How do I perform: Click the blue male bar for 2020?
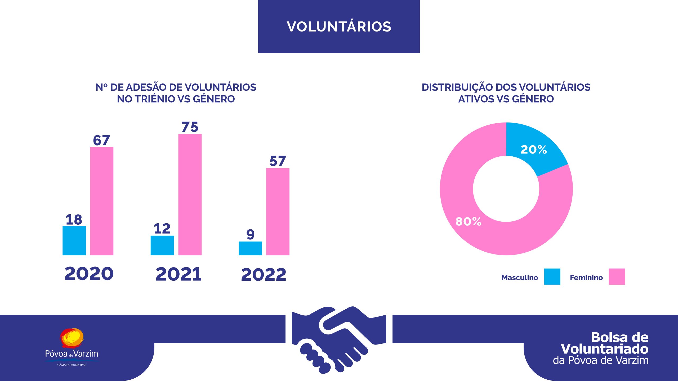(x=74, y=241)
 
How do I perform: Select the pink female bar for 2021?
(x=190, y=194)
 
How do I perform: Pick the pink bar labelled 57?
(x=278, y=212)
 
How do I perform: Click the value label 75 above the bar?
(x=190, y=127)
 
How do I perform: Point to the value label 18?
(x=74, y=220)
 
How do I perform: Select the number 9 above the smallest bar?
(x=250, y=234)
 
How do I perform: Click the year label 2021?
(x=179, y=274)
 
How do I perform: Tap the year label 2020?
(x=89, y=274)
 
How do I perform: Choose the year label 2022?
(x=264, y=275)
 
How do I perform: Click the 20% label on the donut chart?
(x=534, y=150)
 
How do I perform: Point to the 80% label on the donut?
(x=468, y=221)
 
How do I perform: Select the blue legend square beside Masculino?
(x=552, y=276)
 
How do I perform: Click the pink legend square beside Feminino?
(x=617, y=276)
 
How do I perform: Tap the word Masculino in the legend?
(x=520, y=278)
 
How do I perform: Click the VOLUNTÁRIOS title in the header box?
(x=339, y=27)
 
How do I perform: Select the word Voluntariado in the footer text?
(x=605, y=349)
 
